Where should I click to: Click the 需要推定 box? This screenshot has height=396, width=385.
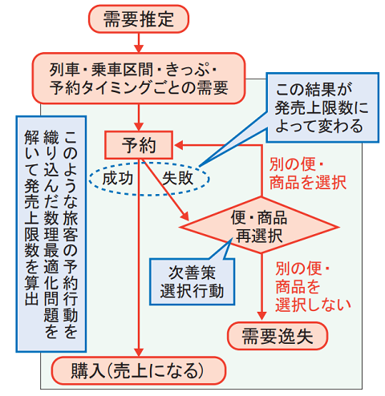139,19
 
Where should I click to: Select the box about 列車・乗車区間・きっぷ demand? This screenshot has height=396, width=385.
139,79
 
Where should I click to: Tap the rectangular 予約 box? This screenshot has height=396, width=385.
139,145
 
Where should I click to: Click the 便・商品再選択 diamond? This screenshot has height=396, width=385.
259,225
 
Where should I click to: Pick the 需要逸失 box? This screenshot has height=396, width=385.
278,336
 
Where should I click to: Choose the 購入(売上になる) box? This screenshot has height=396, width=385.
139,370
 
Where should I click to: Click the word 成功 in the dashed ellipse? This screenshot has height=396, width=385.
118,178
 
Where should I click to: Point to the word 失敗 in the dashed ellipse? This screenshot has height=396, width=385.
177,178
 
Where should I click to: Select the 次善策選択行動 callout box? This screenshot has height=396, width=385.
192,281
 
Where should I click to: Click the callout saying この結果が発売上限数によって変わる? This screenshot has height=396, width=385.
322,107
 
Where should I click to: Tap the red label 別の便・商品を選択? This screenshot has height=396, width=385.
307,174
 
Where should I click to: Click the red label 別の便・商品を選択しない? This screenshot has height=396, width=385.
313,287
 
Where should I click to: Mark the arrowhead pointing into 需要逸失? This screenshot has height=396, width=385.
261,316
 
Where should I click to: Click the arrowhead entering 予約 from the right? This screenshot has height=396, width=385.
179,145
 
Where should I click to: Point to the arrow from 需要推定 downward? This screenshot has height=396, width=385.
139,42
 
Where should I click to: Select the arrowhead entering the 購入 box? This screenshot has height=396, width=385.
139,352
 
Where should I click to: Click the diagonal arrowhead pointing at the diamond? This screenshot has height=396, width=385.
184,216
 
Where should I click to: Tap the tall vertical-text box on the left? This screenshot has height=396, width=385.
51,234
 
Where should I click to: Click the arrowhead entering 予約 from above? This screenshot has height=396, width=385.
139,127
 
